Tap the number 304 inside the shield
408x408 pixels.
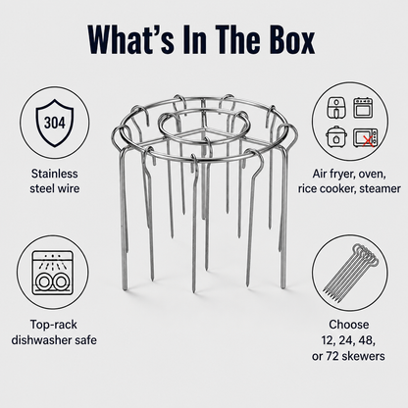pyautogui.click(x=55, y=123)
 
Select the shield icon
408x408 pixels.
pyautogui.click(x=55, y=123)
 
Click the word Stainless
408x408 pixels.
pyautogui.click(x=55, y=174)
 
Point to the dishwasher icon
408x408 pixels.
pyautogui.click(x=53, y=273)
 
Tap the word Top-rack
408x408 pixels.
pyautogui.click(x=54, y=325)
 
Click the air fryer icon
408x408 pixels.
pyautogui.click(x=335, y=108)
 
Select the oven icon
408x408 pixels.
pyautogui.click(x=362, y=107)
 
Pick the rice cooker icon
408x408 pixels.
pyautogui.click(x=335, y=136)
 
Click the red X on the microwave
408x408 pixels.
pyautogui.click(x=369, y=141)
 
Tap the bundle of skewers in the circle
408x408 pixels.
pyautogui.click(x=350, y=273)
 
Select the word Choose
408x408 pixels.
pyautogui.click(x=349, y=325)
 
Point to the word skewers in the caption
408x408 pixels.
pyautogui.click(x=364, y=356)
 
